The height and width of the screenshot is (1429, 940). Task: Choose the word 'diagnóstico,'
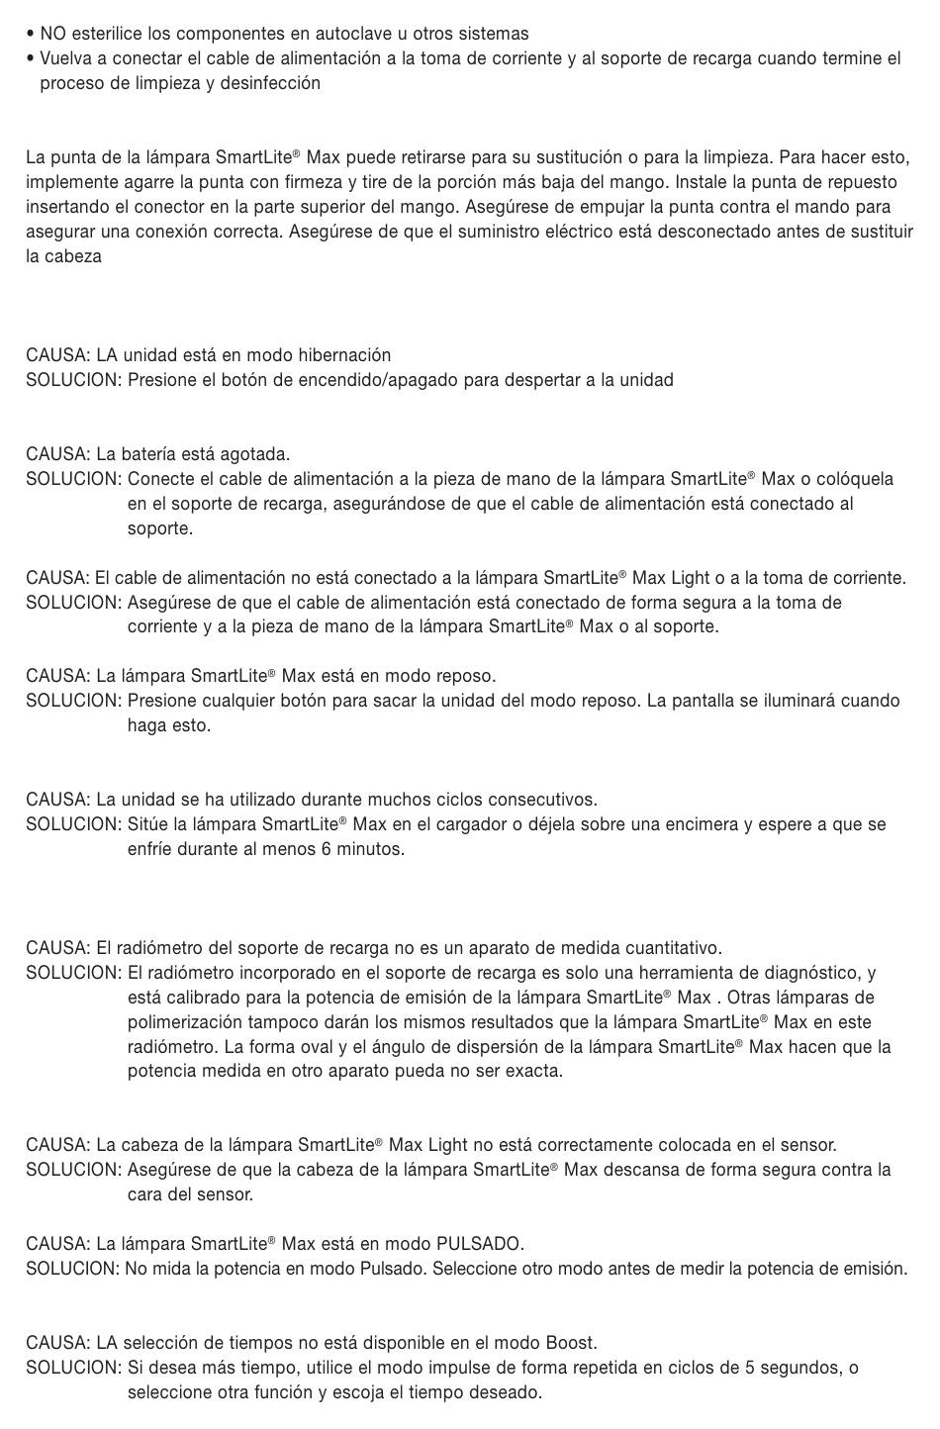[809, 973]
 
